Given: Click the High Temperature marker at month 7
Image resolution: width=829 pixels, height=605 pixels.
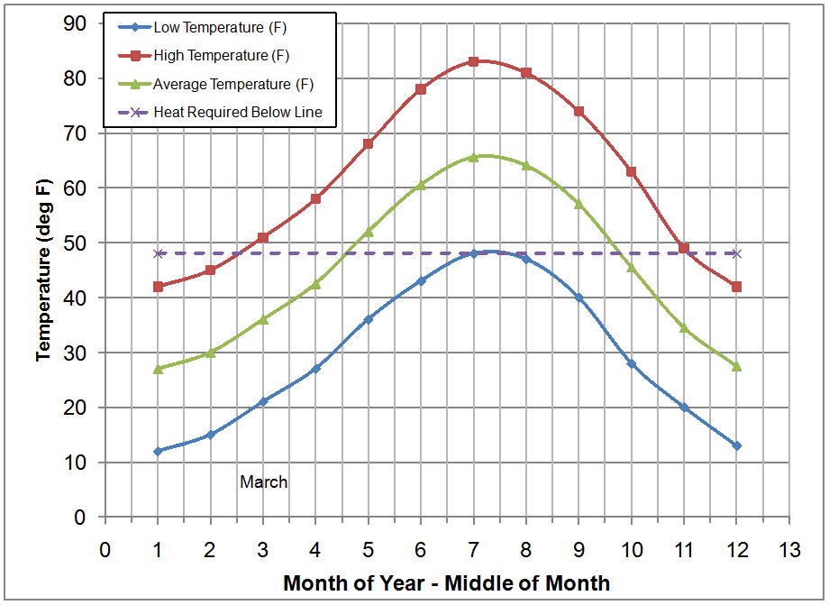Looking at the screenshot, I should (473, 61).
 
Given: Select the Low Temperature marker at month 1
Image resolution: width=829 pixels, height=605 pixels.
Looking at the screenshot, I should (158, 451).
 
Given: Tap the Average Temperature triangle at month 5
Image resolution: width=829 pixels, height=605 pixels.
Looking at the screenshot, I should (368, 232).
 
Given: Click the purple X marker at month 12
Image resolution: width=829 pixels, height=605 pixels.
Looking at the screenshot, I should (736, 253).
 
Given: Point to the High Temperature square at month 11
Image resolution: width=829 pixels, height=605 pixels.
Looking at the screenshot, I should (684, 248).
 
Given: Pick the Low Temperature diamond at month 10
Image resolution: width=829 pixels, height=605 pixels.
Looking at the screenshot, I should (631, 363).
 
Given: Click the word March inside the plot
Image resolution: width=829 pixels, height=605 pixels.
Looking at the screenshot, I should (263, 482).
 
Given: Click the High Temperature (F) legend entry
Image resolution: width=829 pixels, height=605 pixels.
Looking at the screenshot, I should (221, 56).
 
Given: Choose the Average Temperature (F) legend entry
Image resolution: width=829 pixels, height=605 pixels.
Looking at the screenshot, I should (233, 84).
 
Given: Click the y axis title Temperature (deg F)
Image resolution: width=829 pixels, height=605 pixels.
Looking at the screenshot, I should (43, 270).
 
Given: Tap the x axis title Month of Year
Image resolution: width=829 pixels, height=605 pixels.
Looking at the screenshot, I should (446, 583).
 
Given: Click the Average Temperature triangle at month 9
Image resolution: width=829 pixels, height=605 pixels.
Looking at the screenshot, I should (578, 204).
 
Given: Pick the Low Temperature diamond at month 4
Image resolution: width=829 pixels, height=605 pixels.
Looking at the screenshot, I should (315, 369).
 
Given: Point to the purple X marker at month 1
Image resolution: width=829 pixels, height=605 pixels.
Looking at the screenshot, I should (158, 253).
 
